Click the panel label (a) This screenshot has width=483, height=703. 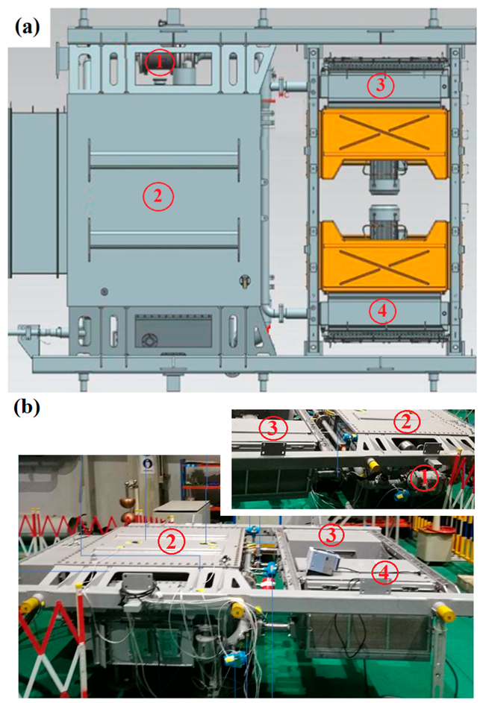click(x=28, y=28)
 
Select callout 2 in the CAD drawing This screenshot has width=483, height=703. click(x=158, y=196)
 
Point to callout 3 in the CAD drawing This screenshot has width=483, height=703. click(x=381, y=85)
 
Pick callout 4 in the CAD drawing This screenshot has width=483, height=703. click(x=382, y=311)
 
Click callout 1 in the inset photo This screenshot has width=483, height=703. click(x=424, y=478)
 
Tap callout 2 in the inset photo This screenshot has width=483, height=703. click(x=406, y=422)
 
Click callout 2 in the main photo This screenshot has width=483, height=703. click(x=170, y=542)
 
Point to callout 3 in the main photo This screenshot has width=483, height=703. click(x=331, y=535)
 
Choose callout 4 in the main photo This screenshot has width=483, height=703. click(x=384, y=572)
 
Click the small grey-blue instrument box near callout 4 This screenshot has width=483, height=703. click(x=324, y=560)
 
